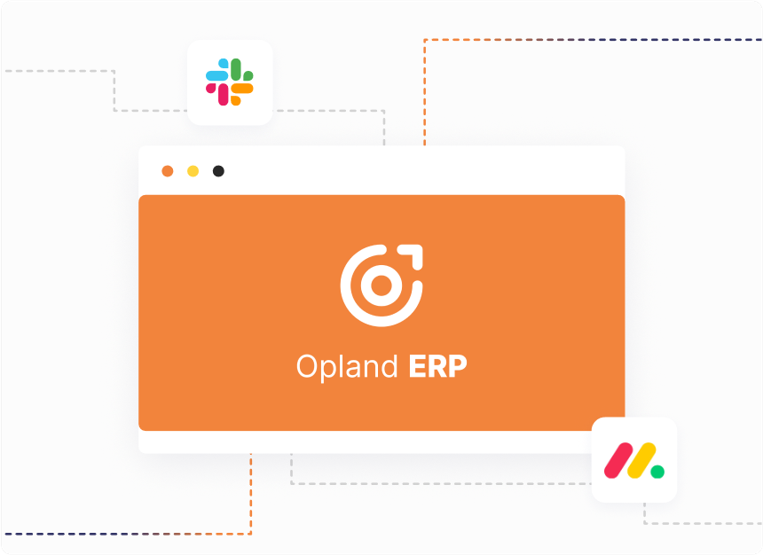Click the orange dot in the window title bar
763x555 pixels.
pos(168,171)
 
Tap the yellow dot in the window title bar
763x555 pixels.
pos(193,171)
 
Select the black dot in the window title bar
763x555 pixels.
pos(218,171)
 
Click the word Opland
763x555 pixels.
pos(347,367)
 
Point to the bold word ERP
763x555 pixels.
pos(438,366)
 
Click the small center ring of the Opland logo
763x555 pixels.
pos(381,285)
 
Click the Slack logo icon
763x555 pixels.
pos(230,82)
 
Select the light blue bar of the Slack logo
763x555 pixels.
pos(217,75)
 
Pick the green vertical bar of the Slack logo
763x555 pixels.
pos(236,69)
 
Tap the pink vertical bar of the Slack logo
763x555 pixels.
pos(224,94)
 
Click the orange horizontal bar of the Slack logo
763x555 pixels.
pos(242,88)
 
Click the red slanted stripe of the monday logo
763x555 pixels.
pos(618,460)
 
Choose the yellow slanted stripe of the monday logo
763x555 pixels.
pos(641,460)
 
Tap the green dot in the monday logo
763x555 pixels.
pos(658,472)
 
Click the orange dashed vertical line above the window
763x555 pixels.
pos(425,92)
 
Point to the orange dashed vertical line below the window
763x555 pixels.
pos(250,494)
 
